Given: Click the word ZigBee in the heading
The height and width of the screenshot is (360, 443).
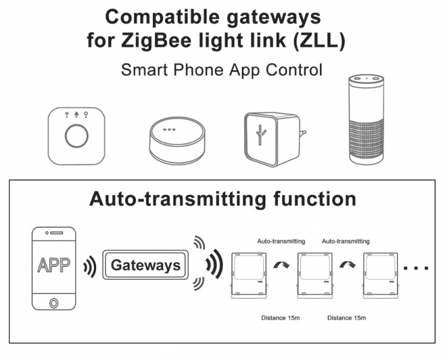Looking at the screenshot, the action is (x=156, y=40).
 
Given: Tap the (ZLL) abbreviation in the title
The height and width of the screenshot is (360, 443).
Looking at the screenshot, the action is (x=319, y=40).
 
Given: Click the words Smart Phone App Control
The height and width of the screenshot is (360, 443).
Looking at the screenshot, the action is (x=221, y=70).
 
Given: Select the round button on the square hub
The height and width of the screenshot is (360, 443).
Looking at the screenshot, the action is (x=76, y=136).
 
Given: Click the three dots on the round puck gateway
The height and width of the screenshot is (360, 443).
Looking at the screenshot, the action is (x=169, y=130).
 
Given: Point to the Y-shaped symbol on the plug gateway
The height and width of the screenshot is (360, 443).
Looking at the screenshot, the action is (x=260, y=135).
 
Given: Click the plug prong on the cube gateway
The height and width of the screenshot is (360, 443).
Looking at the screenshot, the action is (x=303, y=133).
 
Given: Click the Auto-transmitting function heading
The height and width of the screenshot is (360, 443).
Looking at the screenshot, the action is (x=223, y=199).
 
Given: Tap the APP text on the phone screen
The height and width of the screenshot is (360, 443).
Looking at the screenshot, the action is (x=53, y=265).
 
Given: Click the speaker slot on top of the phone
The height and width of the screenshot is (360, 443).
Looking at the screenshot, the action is (x=57, y=233).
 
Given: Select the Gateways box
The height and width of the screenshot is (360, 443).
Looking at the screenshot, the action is (x=145, y=265).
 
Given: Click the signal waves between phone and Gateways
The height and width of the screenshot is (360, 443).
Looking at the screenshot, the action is (x=90, y=267).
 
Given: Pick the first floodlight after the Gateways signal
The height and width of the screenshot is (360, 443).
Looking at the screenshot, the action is (x=249, y=276).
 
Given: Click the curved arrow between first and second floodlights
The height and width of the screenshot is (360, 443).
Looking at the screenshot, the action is (x=282, y=265).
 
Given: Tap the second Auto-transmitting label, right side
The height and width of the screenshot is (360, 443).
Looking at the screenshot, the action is (x=346, y=241).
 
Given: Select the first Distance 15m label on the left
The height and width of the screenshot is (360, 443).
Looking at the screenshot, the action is (x=281, y=318).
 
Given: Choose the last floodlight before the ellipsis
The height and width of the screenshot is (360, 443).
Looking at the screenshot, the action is (x=380, y=276).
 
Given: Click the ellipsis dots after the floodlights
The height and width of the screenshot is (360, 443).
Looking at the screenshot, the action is (x=416, y=268).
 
